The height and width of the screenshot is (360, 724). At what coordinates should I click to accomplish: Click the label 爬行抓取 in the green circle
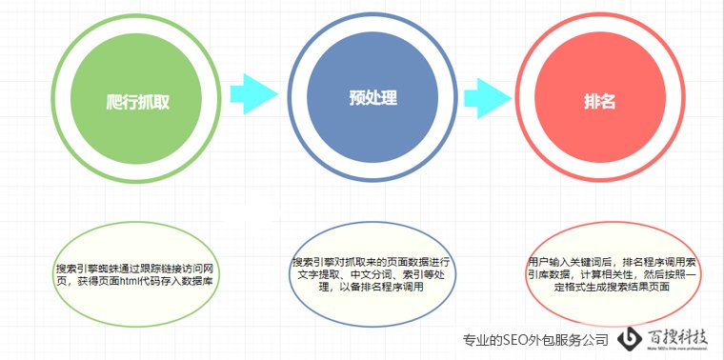tap(138, 101)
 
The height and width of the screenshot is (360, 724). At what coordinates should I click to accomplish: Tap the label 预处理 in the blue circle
tap(372, 99)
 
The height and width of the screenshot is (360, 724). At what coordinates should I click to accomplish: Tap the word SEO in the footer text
tap(527, 340)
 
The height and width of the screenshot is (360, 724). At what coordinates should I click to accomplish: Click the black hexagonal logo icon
tap(630, 340)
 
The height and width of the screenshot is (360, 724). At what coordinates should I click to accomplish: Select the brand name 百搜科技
tap(677, 336)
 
